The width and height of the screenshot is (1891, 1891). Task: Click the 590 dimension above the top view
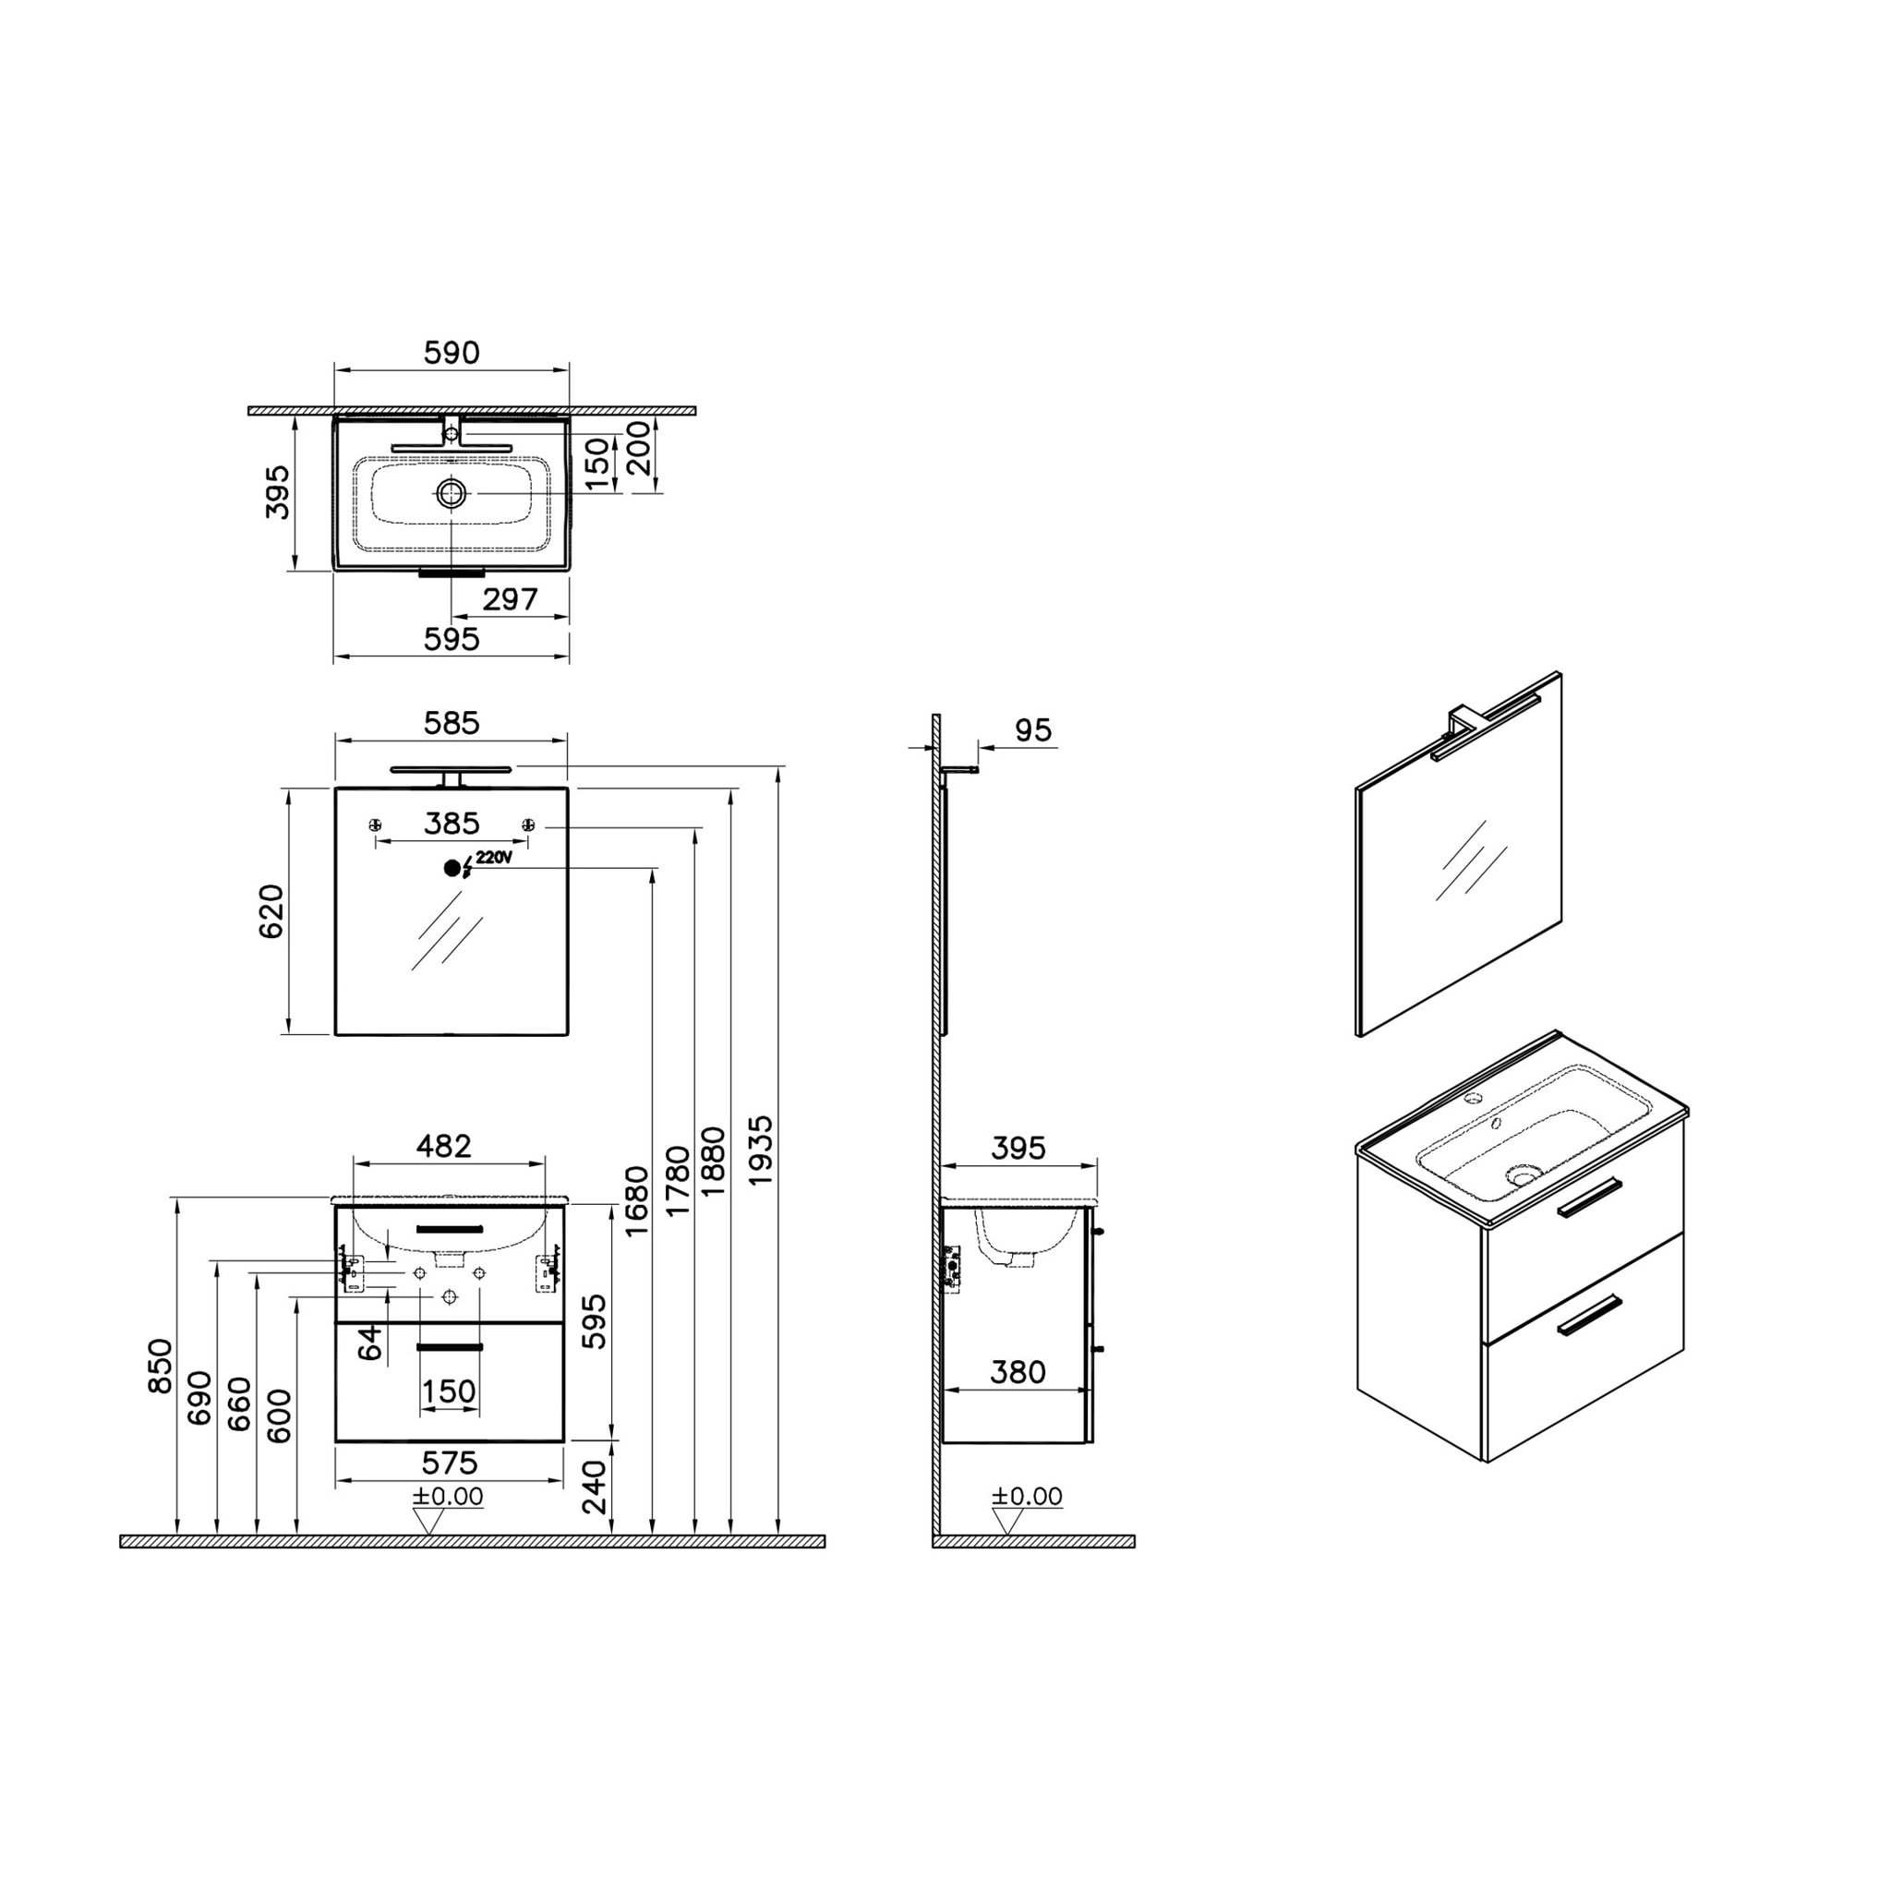(452, 353)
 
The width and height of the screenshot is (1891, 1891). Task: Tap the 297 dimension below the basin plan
(510, 598)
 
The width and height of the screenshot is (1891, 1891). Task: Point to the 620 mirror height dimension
(271, 910)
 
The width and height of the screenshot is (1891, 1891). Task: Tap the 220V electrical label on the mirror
(493, 859)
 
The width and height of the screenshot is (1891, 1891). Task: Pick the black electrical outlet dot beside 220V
(452, 867)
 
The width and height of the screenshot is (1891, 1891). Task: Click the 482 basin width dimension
(443, 1145)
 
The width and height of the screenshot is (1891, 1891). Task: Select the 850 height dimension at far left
(159, 1365)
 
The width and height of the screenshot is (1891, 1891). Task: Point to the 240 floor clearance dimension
(594, 1486)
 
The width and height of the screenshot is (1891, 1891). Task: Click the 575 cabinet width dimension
(450, 1463)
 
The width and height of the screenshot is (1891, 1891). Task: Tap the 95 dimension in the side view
(1032, 730)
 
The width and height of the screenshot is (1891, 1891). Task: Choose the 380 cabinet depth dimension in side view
(1017, 1372)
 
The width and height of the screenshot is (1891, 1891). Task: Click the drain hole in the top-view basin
(452, 493)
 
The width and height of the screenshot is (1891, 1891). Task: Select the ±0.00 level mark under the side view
(1026, 1496)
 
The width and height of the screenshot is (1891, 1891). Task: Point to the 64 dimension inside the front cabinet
(370, 1343)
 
